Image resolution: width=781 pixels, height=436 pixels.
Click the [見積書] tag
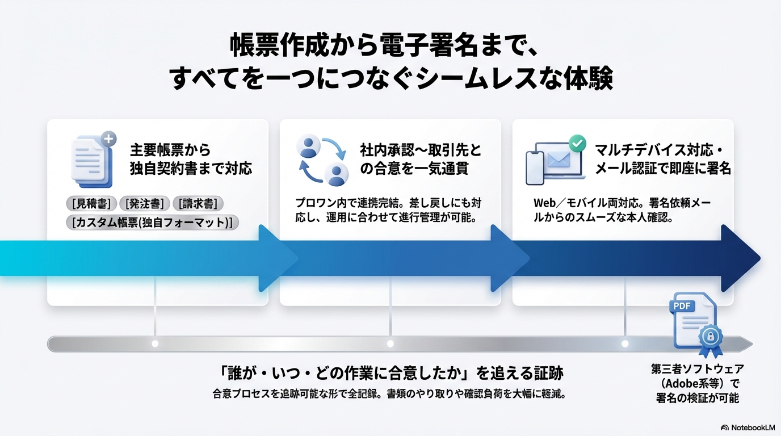(91, 203)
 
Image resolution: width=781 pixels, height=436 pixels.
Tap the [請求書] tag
(198, 203)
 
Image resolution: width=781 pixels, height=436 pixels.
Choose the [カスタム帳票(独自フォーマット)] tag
(152, 222)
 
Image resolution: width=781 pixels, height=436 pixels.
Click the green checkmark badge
(577, 143)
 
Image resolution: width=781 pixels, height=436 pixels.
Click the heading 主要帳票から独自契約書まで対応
(191, 159)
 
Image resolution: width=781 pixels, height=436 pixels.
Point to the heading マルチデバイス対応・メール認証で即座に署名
(662, 159)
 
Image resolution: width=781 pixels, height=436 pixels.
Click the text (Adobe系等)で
(697, 383)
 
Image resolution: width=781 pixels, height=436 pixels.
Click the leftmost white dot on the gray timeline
(155, 343)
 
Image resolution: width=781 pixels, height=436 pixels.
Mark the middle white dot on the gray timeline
(390, 343)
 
